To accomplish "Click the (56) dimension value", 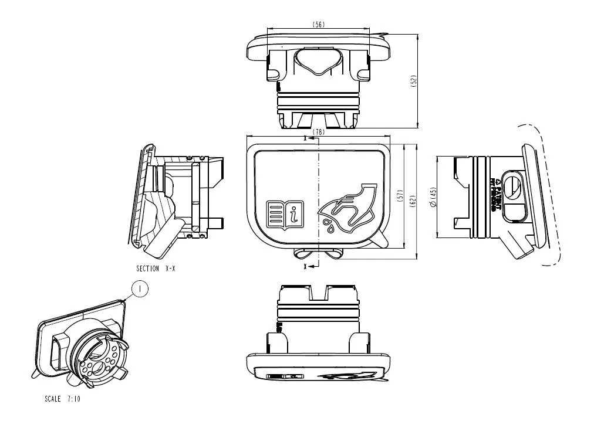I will pyautogui.click(x=319, y=24).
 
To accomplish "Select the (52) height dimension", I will pyautogui.click(x=413, y=82).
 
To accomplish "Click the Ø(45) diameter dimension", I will pyautogui.click(x=433, y=198).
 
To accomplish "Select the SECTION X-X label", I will pyautogui.click(x=155, y=268).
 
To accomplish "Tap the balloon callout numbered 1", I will pyautogui.click(x=140, y=288).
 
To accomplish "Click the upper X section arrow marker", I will pyautogui.click(x=308, y=139).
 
